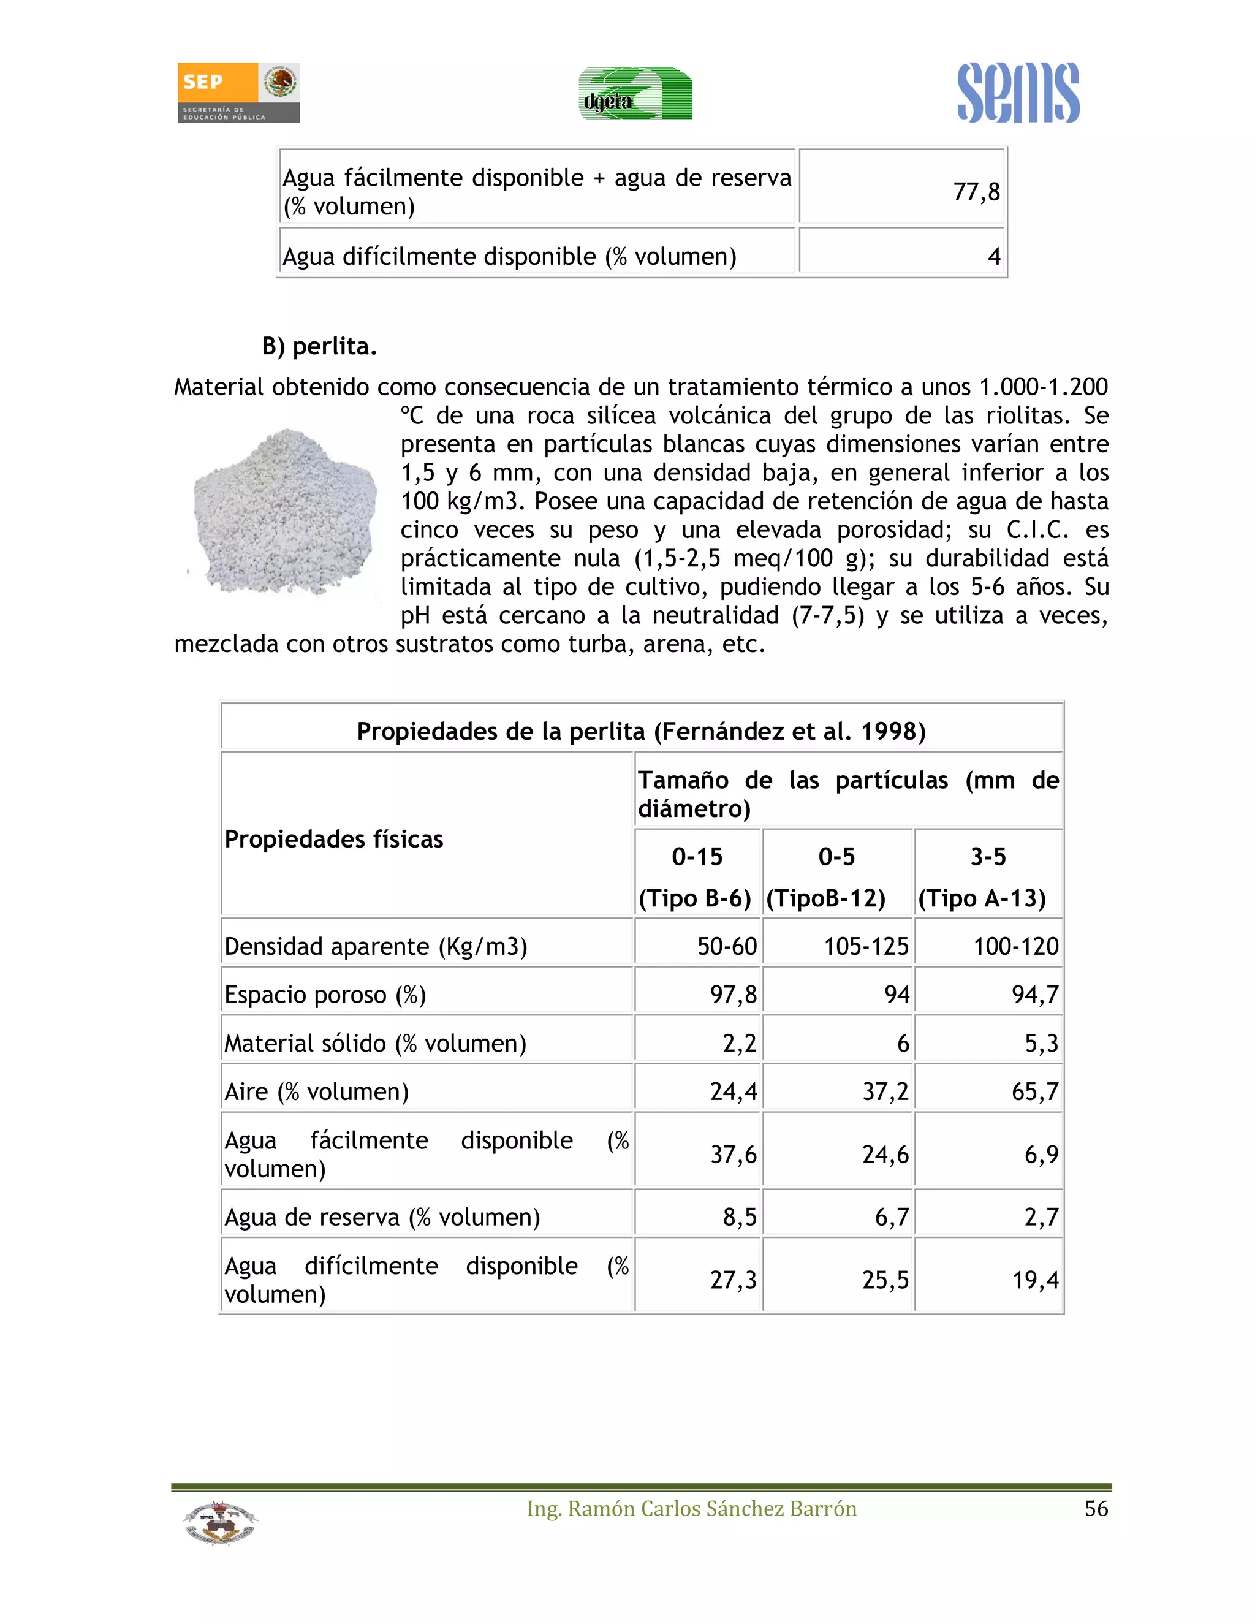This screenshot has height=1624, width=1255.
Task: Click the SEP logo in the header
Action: (x=238, y=92)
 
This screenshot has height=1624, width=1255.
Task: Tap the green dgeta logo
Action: (x=635, y=94)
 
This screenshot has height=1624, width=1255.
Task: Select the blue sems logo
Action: (x=1018, y=93)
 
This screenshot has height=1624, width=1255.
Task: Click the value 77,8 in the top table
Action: (x=976, y=192)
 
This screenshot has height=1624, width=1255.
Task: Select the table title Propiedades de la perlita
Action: (x=641, y=731)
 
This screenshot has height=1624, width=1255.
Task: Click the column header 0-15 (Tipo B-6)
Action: (x=697, y=877)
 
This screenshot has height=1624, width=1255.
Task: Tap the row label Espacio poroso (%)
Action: (x=325, y=995)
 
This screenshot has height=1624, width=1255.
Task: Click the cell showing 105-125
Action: (x=865, y=947)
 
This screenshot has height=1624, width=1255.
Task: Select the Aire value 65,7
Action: (x=1034, y=1091)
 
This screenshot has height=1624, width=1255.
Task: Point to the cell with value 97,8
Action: (x=732, y=995)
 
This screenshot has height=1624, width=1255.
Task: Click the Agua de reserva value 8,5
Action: (x=739, y=1217)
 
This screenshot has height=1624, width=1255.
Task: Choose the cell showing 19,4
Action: (x=1034, y=1280)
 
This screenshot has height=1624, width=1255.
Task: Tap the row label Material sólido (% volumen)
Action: (x=376, y=1043)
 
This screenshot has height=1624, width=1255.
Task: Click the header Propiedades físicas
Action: (x=334, y=840)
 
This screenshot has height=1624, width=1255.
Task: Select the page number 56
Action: (x=1096, y=1509)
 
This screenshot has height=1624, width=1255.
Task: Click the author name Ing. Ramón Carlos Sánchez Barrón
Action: (x=691, y=1509)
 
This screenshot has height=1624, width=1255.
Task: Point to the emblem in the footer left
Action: (x=220, y=1522)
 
